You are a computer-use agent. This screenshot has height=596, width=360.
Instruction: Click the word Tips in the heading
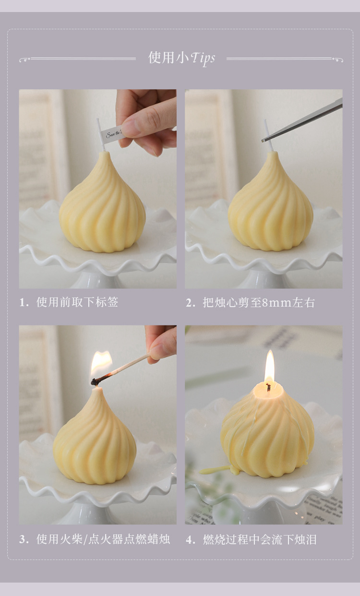point(203,59)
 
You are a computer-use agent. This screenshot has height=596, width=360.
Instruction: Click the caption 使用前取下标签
point(77,302)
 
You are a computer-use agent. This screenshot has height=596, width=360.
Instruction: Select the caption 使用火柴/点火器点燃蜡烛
point(103,539)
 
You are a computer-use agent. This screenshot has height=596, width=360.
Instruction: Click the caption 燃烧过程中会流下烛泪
point(259,539)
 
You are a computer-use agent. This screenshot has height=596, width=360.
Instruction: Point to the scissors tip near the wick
point(265,139)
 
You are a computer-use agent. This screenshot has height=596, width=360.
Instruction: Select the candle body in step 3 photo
point(95,444)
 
